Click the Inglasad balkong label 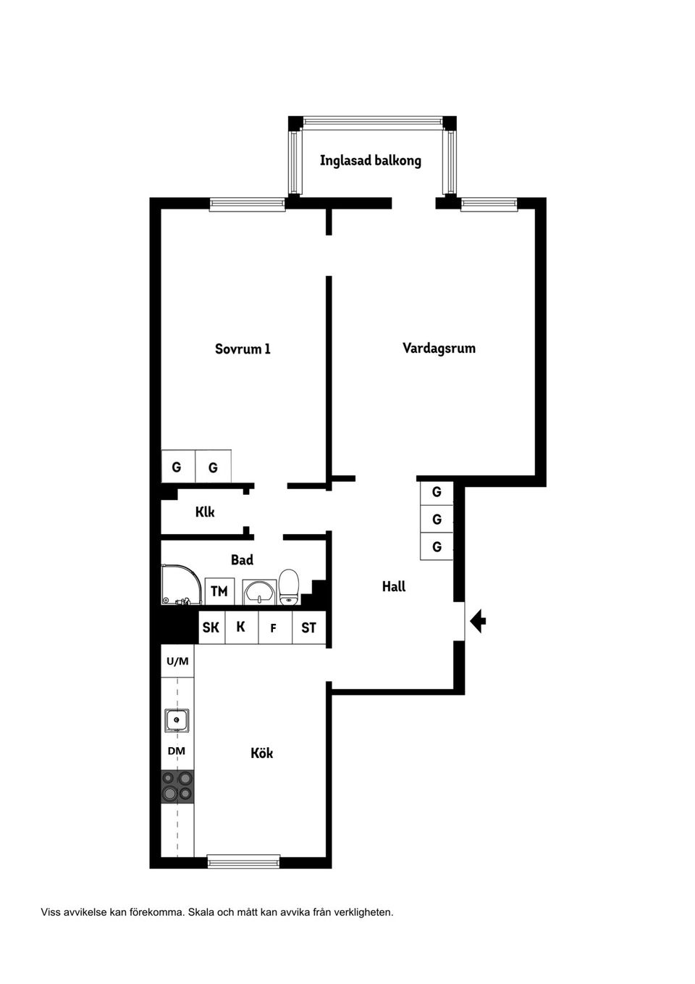tap(370, 160)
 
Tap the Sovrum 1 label tap(243, 349)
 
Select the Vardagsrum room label tap(439, 348)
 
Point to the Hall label tap(393, 586)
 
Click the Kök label tap(261, 753)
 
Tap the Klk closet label tap(205, 512)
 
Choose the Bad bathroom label tap(242, 559)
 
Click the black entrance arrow tap(478, 621)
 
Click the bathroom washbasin tap(259, 592)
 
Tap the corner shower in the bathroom tap(177, 585)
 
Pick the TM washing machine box tap(219, 591)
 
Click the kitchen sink tap(177, 720)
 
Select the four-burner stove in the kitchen tap(177, 786)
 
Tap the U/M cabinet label tap(177, 661)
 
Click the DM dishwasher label tap(177, 751)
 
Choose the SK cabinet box tap(211, 627)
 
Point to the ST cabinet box tap(309, 627)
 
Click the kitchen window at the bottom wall tap(243, 862)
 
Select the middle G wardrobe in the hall tap(437, 520)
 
